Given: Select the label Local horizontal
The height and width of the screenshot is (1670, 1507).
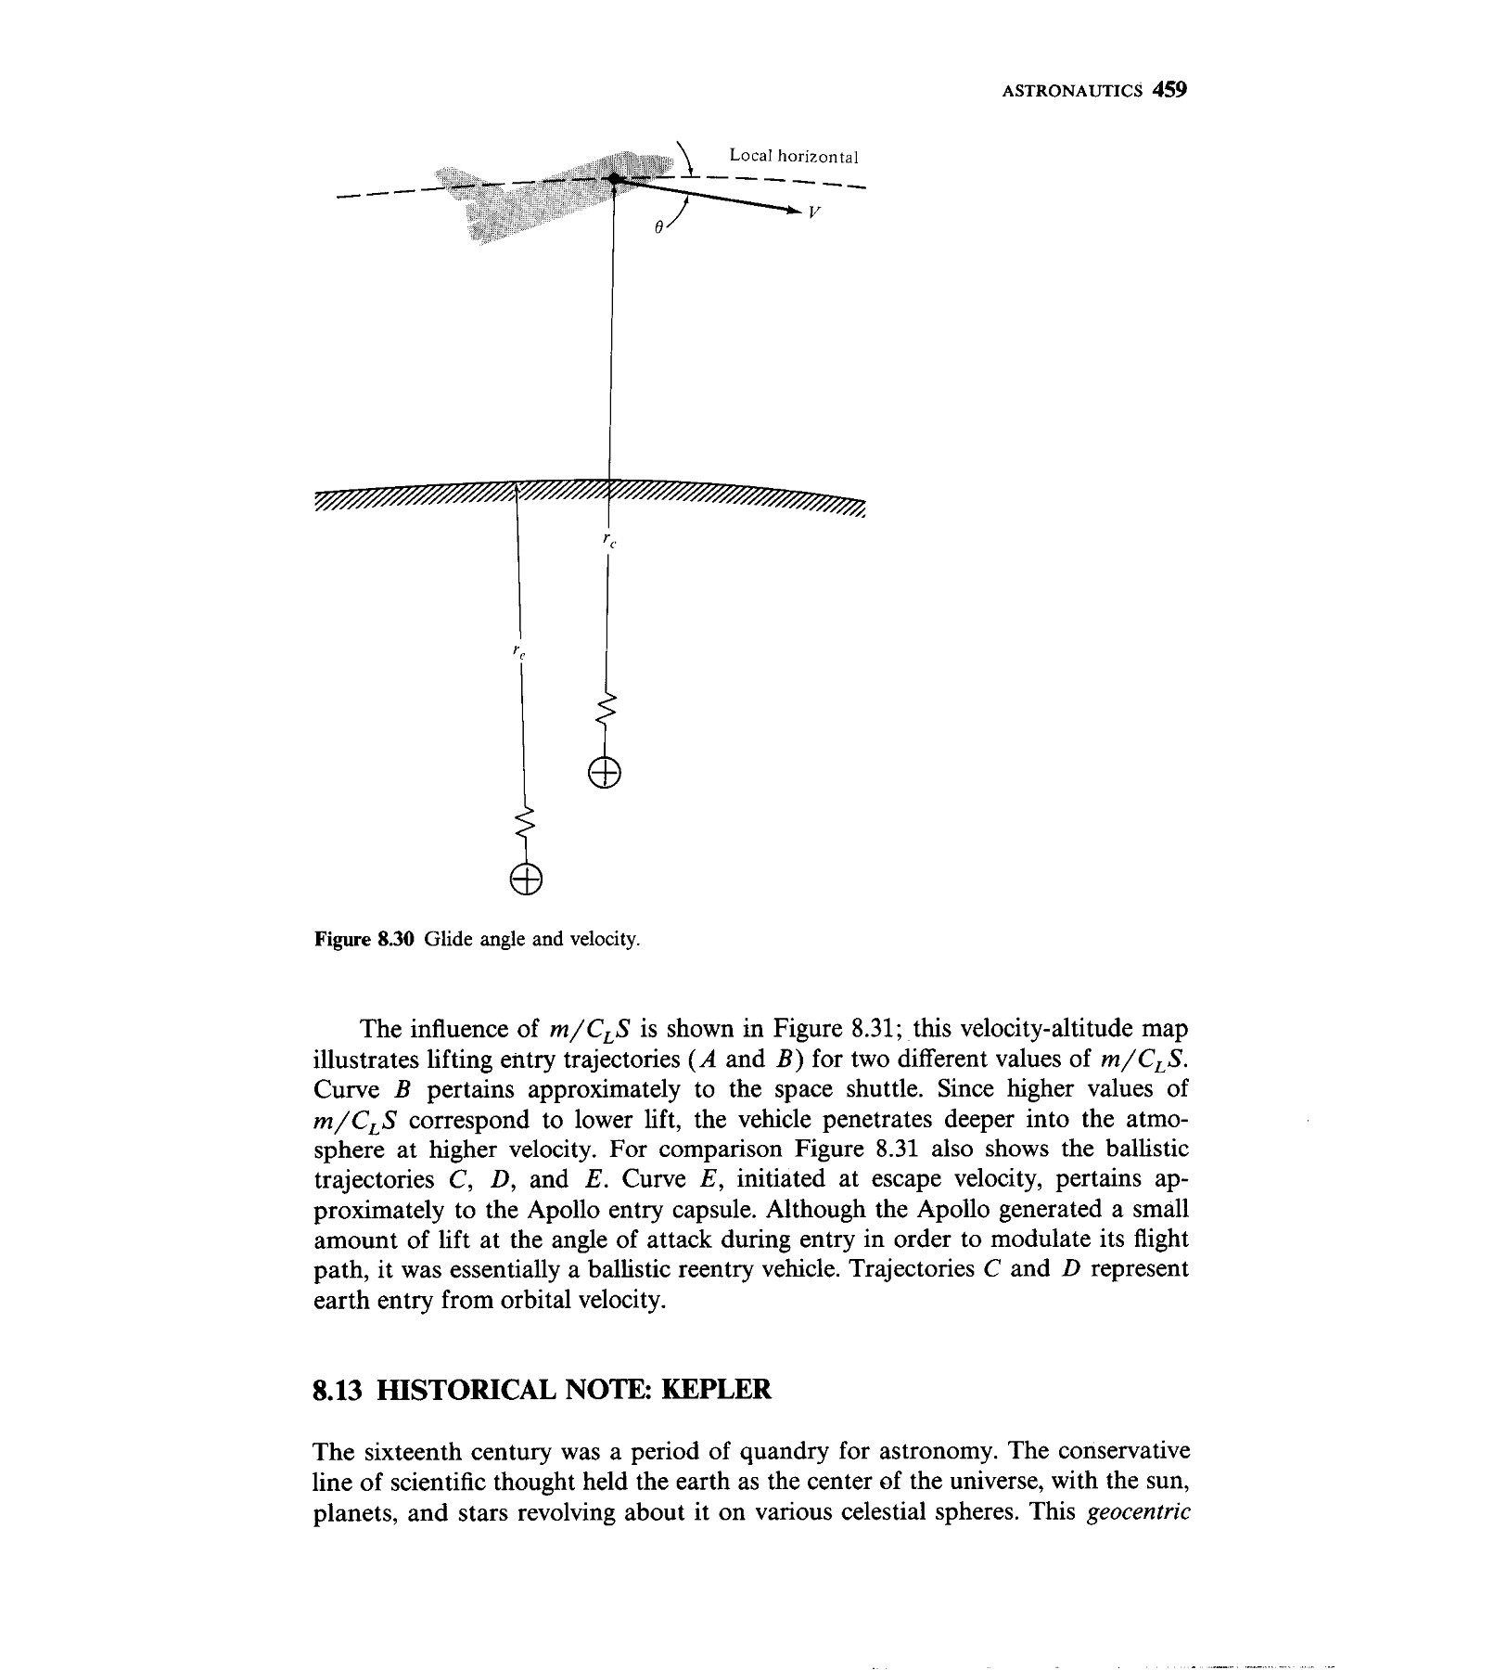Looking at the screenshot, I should [793, 156].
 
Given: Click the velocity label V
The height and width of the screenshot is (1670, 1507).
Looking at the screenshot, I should [813, 212].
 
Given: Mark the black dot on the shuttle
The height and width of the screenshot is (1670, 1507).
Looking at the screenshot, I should [613, 179].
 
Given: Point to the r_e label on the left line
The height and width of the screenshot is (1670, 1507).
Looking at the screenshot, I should [519, 653].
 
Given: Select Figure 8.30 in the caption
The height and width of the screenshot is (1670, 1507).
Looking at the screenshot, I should [367, 939].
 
